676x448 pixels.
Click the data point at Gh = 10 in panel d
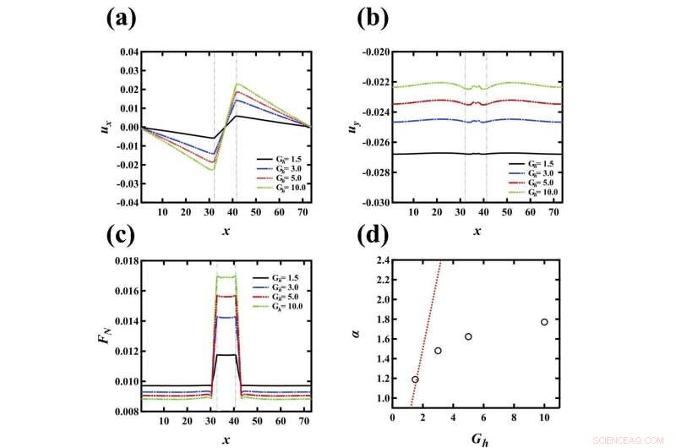(544, 322)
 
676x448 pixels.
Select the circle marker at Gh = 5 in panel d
(468, 336)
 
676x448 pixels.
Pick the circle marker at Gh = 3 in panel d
(438, 351)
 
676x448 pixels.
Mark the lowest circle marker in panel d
(415, 380)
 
